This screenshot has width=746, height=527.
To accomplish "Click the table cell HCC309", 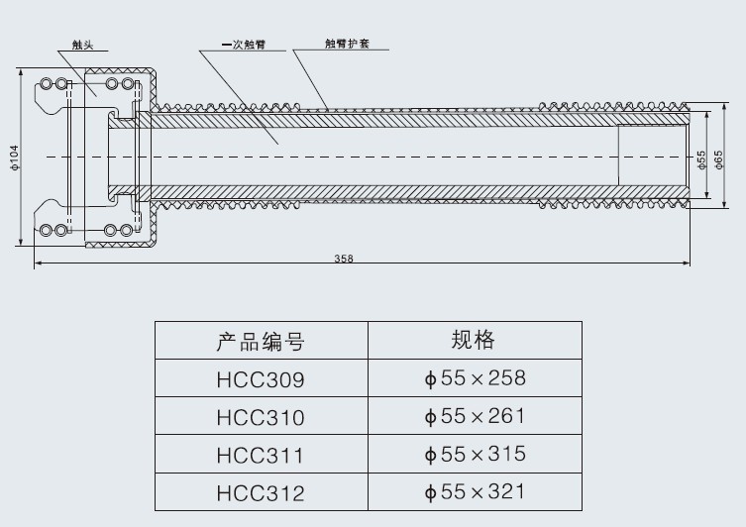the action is [261, 379].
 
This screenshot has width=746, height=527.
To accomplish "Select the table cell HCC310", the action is [261, 418].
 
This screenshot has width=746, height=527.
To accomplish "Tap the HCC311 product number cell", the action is [261, 455].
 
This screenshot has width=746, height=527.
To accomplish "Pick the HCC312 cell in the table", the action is [261, 493].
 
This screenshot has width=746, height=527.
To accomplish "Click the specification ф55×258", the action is [475, 378].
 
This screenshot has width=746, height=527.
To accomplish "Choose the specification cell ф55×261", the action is [475, 416].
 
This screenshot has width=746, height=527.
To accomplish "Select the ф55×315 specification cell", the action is [475, 455].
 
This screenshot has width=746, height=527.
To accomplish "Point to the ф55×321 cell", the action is [475, 491].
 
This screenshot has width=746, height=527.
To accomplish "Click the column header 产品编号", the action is [261, 342].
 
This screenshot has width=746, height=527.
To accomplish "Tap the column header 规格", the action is [474, 340].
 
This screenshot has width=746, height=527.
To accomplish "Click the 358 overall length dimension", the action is [344, 259].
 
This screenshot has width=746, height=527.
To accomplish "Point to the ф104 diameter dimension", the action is [14, 158].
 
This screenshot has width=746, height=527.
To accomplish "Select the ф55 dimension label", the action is [701, 159].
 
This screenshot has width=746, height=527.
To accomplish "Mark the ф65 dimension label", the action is [719, 159].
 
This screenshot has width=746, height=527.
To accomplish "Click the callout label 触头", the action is [82, 45].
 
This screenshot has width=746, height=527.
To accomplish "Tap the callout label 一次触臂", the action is [244, 45].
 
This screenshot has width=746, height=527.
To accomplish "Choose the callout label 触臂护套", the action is [348, 44].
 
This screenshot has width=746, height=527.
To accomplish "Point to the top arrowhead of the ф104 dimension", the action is [21, 69].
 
